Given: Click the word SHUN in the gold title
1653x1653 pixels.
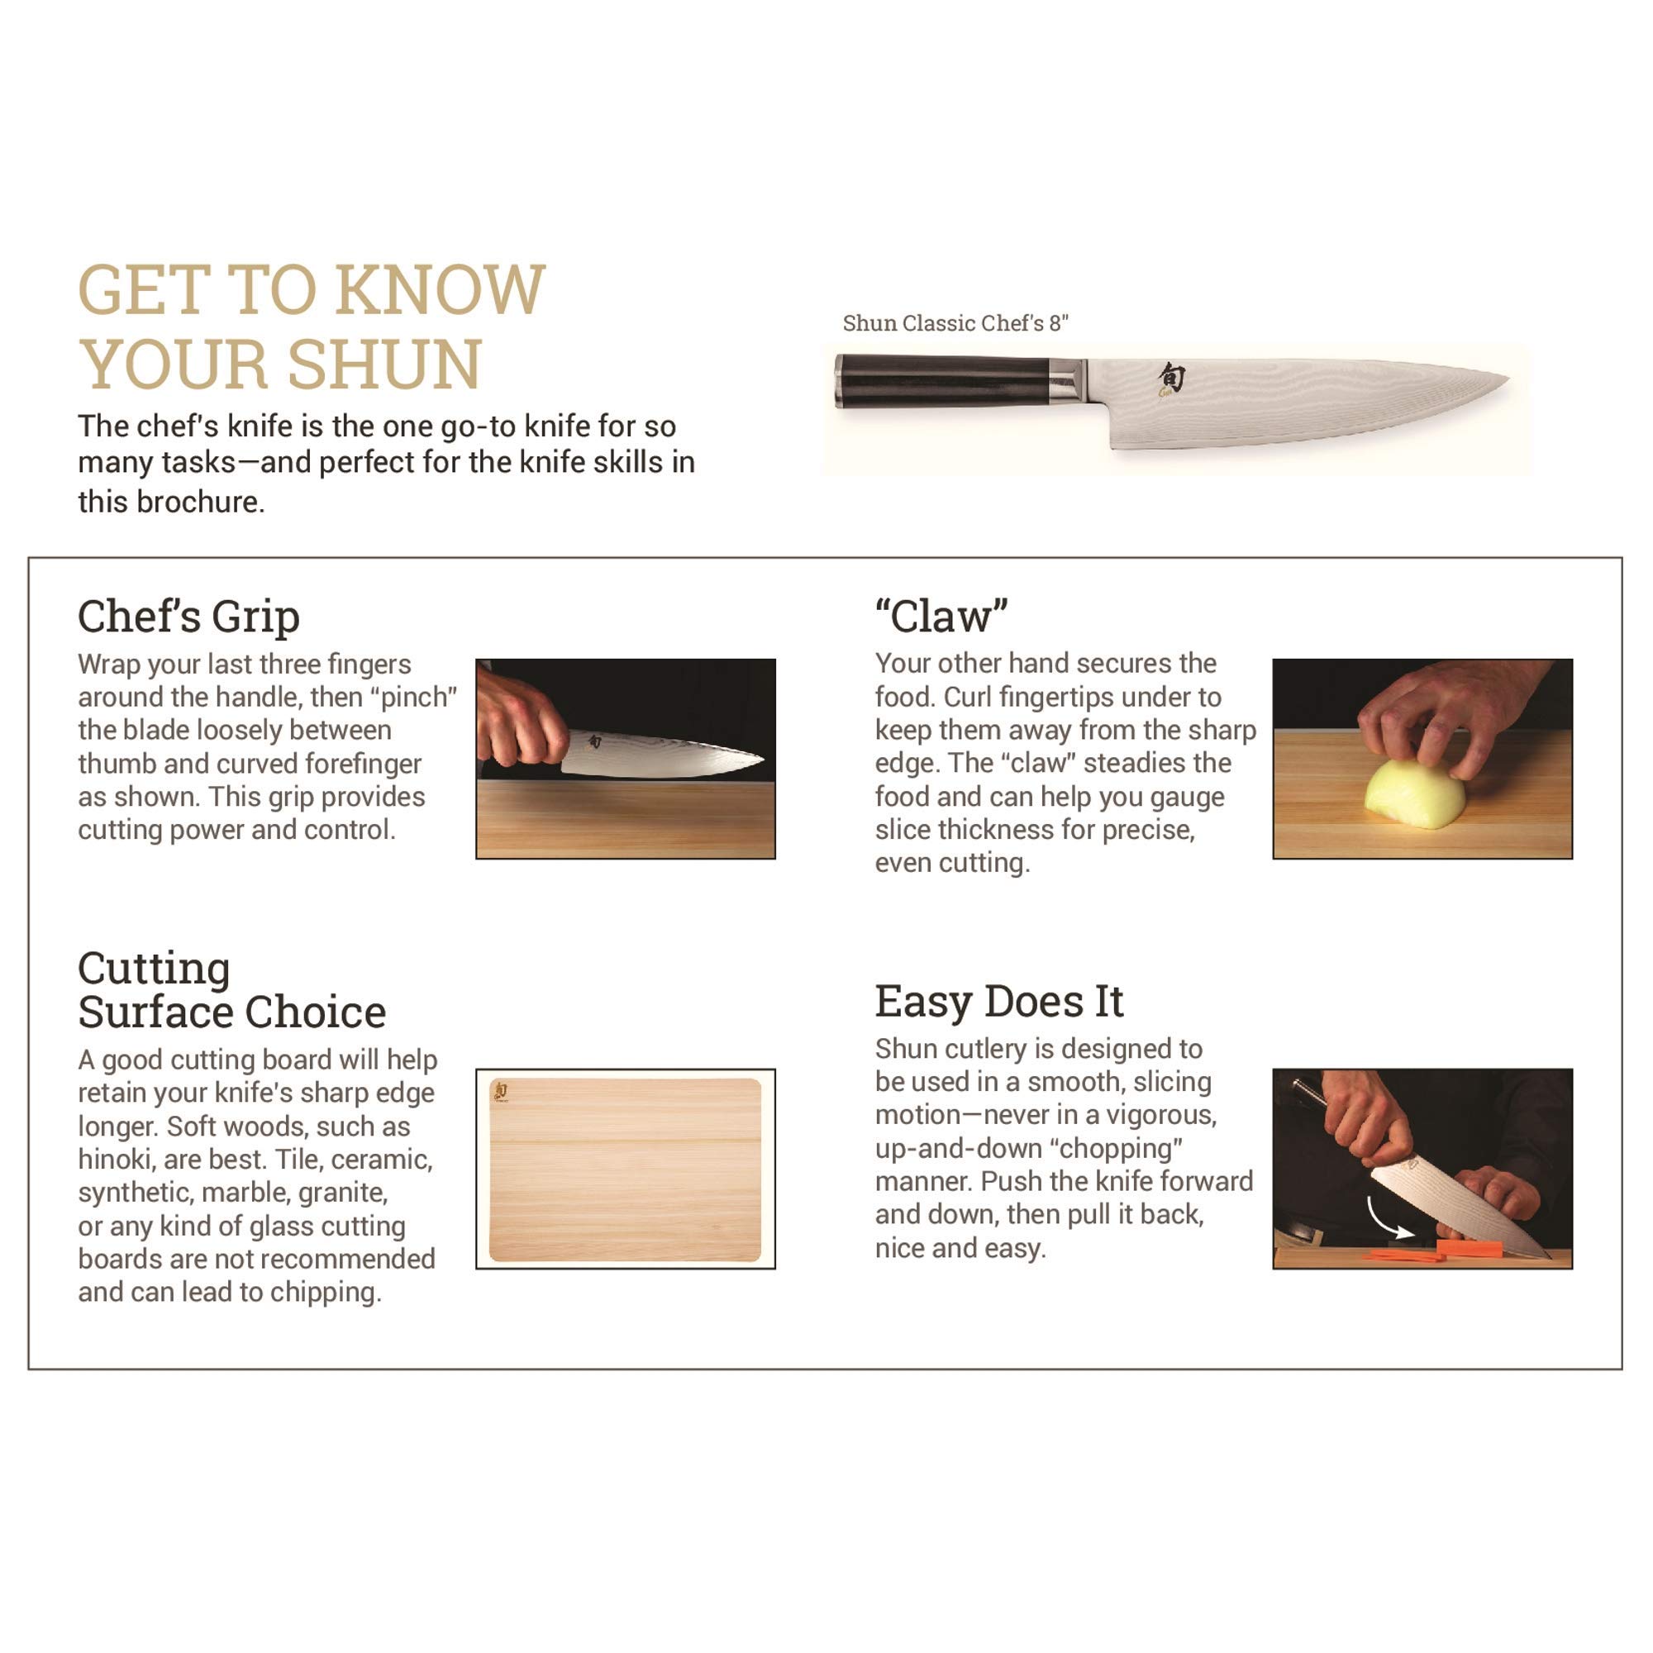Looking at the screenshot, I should click(x=385, y=364).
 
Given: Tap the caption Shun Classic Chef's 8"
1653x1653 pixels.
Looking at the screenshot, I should click(x=955, y=323).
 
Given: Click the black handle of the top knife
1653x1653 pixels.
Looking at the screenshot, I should click(x=941, y=381).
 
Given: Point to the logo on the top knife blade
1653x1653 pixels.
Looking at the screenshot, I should click(x=1171, y=379).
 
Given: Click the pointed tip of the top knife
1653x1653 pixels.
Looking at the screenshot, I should click(x=1506, y=376).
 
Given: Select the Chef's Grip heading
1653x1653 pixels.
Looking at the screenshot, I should click(x=188, y=616).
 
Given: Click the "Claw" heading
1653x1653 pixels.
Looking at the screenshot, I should click(x=941, y=616).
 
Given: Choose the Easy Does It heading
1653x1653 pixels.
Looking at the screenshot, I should click(x=998, y=1001).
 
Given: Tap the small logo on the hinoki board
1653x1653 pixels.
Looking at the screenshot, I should click(x=502, y=1091).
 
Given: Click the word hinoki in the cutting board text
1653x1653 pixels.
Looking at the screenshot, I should click(x=117, y=1160).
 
